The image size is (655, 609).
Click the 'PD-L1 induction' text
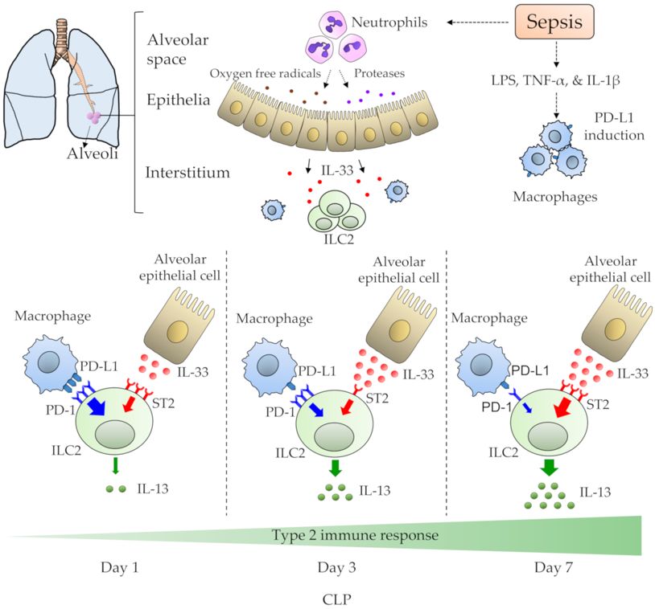click(615, 126)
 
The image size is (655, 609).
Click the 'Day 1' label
click(120, 568)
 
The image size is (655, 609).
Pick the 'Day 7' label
click(553, 568)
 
